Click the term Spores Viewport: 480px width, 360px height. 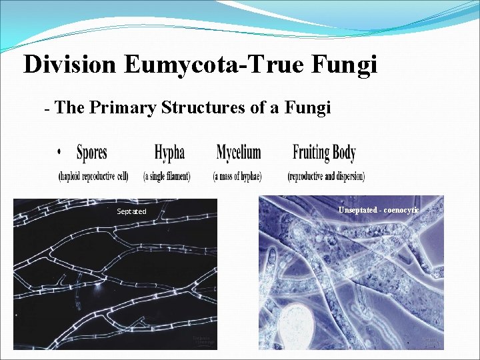click(x=92, y=153)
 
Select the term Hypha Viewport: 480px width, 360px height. click(x=169, y=153)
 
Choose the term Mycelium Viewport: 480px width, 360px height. click(x=239, y=153)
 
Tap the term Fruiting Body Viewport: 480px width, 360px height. click(x=324, y=153)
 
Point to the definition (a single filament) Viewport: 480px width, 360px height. click(x=167, y=177)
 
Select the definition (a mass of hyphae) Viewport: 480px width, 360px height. click(x=237, y=177)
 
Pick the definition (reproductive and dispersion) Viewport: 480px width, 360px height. click(x=326, y=177)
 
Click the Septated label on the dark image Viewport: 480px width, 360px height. click(x=131, y=211)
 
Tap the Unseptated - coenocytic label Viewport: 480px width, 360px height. click(x=378, y=210)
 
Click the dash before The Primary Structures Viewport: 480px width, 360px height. click(x=47, y=109)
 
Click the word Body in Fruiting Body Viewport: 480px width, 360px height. click(x=343, y=153)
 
